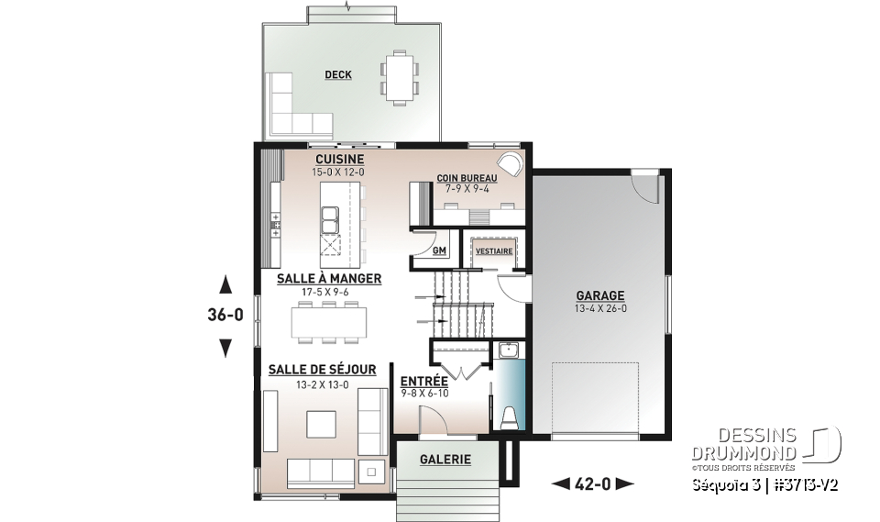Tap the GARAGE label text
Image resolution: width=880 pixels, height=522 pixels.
coord(599,295)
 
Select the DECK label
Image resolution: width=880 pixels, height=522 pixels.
coord(338,75)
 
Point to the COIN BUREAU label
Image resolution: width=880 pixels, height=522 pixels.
coord(467,177)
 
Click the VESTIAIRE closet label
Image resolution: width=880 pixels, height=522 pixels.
coord(492,250)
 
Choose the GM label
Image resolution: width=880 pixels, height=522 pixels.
coord(438,250)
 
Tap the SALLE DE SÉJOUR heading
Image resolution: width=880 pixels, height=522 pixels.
coord(322,370)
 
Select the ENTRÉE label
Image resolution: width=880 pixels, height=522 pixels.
coord(423,381)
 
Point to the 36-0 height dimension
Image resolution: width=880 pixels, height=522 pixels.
coord(225,316)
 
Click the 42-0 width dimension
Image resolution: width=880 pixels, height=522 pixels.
coord(592,483)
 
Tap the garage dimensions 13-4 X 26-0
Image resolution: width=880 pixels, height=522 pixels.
coord(599,308)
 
